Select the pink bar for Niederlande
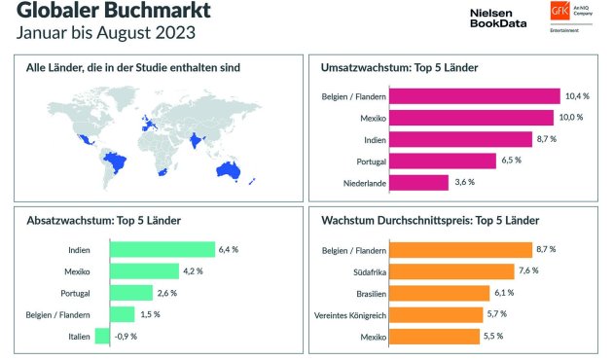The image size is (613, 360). click(421, 182)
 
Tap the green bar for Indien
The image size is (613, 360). click(162, 250)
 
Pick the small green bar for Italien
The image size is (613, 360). click(102, 336)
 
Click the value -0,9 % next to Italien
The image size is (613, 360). click(126, 336)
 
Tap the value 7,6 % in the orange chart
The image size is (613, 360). click(531, 271)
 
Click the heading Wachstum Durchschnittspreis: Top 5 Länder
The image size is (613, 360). click(436, 220)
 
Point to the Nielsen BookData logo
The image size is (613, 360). click(498, 17)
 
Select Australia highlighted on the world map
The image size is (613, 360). click(229, 168)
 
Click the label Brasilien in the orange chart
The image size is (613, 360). click(365, 293)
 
